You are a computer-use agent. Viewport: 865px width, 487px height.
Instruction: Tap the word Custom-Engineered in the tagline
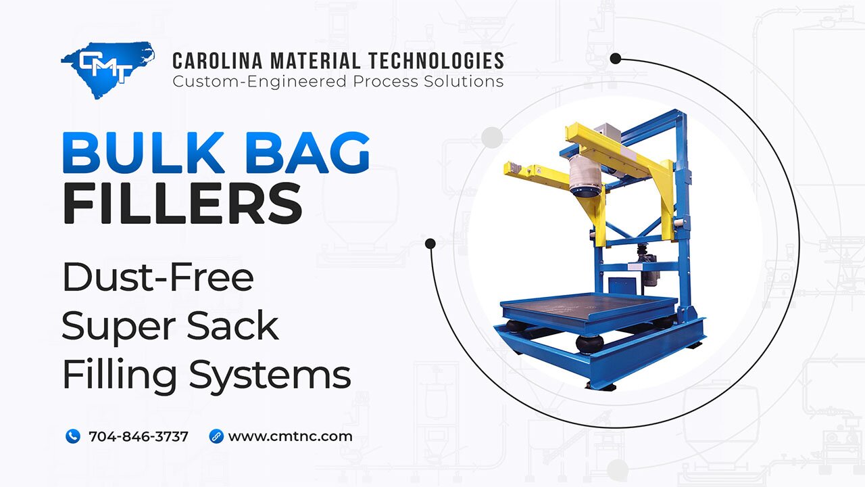point(259,82)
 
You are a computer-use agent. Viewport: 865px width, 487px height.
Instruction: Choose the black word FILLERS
point(182,204)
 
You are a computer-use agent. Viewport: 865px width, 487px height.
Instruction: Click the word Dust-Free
point(157,277)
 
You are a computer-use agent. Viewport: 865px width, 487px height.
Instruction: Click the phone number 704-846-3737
point(138,436)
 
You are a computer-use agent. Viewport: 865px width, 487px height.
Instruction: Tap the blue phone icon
point(73,436)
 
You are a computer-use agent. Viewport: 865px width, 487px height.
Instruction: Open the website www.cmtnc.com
point(290,436)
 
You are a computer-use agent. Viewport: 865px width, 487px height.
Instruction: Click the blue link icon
point(216,436)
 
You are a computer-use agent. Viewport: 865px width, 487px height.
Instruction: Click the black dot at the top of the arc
point(615,59)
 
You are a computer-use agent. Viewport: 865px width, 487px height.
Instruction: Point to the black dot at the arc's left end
point(430,243)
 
